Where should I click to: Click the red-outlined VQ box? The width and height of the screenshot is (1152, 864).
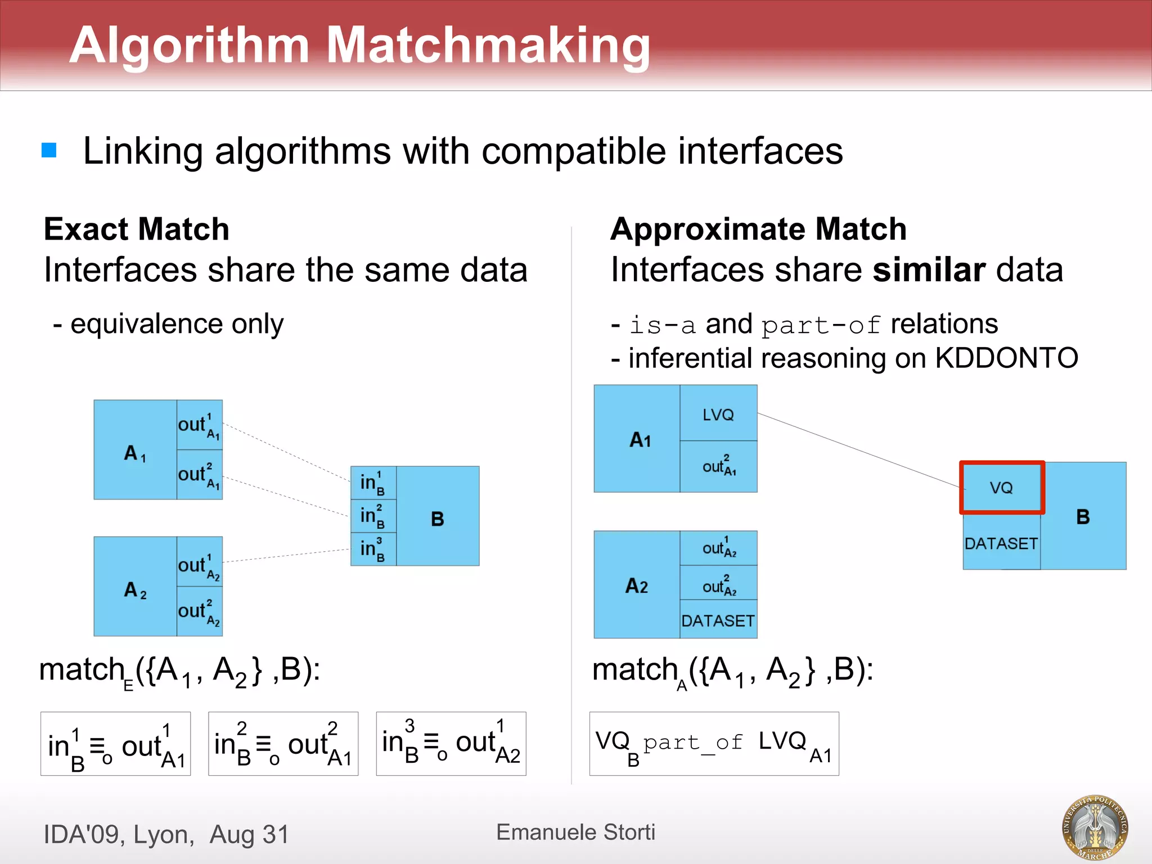[1002, 488]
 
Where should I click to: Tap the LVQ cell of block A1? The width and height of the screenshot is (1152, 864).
[718, 414]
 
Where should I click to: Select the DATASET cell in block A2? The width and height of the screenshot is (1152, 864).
[718, 620]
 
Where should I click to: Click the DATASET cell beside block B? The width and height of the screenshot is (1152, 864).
[1001, 543]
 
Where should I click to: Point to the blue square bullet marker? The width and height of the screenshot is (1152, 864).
[49, 150]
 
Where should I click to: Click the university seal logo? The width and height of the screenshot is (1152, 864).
[1095, 827]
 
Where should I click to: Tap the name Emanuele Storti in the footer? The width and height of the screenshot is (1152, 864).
[575, 832]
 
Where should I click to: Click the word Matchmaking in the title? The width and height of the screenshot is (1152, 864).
[488, 45]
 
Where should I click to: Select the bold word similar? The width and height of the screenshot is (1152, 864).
[928, 269]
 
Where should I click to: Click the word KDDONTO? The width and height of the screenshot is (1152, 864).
[1006, 358]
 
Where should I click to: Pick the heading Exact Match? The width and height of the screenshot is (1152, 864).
[137, 229]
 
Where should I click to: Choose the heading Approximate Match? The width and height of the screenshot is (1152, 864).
[758, 229]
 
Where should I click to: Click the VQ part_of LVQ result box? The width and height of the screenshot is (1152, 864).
[714, 744]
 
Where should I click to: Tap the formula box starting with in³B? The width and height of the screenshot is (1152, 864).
[451, 744]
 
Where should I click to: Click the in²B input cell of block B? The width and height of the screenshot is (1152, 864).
[373, 516]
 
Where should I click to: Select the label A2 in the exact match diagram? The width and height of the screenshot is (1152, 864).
[135, 589]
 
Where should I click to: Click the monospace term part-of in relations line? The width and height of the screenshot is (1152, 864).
[820, 325]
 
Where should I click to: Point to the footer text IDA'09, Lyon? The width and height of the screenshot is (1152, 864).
[119, 834]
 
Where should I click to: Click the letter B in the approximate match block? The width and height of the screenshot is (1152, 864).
[1083, 516]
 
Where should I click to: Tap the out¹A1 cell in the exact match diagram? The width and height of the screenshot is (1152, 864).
[199, 425]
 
